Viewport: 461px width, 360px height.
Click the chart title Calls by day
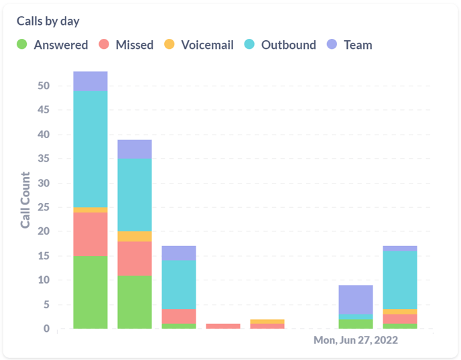[48, 21]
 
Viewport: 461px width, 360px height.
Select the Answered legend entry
[53, 45]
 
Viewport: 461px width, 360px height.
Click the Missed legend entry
[127, 45]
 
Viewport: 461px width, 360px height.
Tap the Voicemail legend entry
[198, 45]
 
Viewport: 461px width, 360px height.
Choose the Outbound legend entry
[281, 45]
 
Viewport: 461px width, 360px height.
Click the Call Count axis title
[25, 200]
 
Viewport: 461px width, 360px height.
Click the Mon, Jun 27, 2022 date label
[356, 340]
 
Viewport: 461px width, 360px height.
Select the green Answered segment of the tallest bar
[90, 292]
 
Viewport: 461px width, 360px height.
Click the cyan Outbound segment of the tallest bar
[90, 149]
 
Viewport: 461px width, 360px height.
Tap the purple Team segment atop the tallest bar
[90, 80]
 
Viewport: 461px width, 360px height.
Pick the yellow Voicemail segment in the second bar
[135, 236]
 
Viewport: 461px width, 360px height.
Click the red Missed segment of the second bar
[135, 258]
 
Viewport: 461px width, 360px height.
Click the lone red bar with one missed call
[223, 326]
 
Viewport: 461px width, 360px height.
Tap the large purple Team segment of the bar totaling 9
[356, 299]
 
